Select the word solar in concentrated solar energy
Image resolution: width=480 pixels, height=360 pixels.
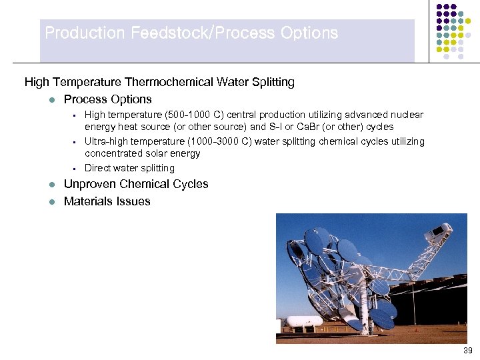(157, 153)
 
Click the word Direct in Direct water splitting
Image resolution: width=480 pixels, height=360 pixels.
(97, 168)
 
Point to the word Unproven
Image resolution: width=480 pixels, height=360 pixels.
(90, 184)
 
